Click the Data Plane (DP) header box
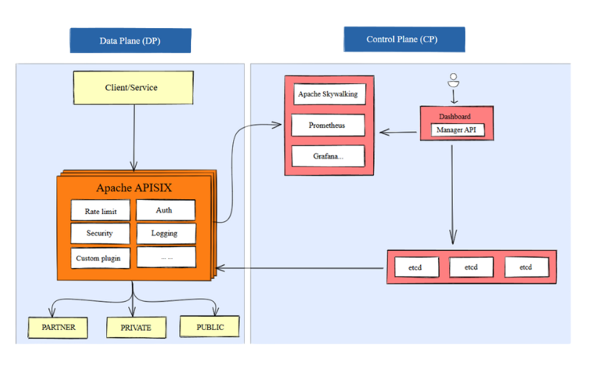pyautogui.click(x=130, y=41)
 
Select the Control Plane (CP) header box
pyautogui.click(x=403, y=39)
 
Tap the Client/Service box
pyautogui.click(x=133, y=87)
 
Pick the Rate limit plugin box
pyautogui.click(x=101, y=210)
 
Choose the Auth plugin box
pyautogui.click(x=165, y=210)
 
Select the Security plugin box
pyautogui.click(x=101, y=233)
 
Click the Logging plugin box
pyautogui.click(x=165, y=233)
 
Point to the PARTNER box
pyautogui.click(x=58, y=326)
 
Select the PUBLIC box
pyautogui.click(x=210, y=325)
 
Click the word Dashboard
pyautogui.click(x=454, y=117)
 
